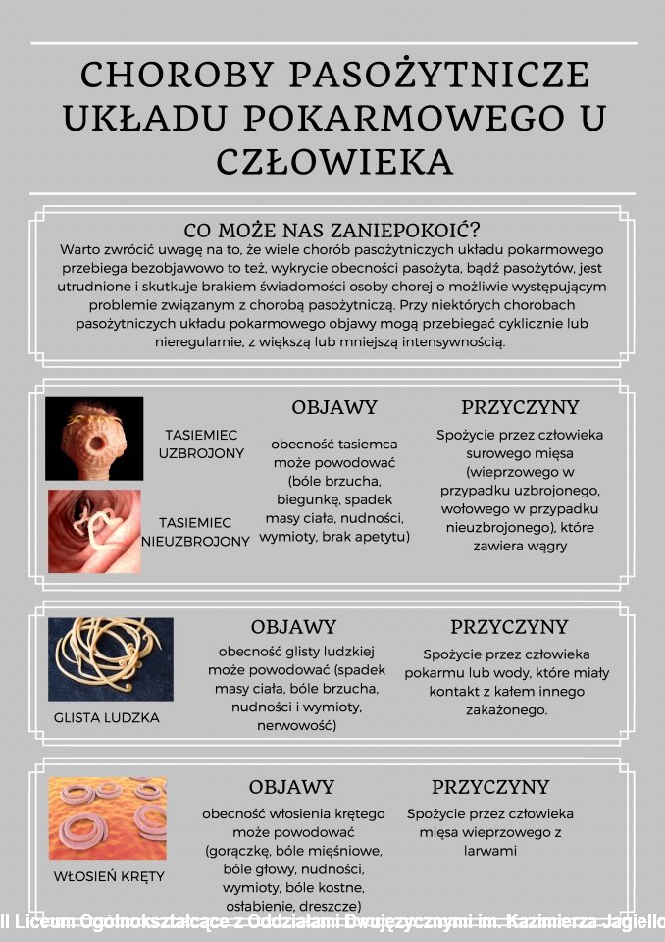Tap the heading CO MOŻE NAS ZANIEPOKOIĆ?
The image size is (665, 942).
tap(332, 231)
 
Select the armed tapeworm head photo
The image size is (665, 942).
tap(94, 439)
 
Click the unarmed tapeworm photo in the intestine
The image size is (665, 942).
tap(94, 531)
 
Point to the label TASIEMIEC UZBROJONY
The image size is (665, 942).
tap(201, 444)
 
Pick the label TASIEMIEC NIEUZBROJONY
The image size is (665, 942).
tap(195, 532)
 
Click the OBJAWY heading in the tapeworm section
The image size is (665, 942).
tap(334, 407)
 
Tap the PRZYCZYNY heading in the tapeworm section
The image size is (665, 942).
tap(520, 407)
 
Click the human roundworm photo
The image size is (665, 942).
tap(111, 659)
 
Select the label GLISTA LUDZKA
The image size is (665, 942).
tap(106, 717)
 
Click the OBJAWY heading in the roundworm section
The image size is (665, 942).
tap(293, 626)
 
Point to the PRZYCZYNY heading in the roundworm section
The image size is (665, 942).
tap(509, 626)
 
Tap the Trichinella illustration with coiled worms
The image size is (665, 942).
tap(108, 819)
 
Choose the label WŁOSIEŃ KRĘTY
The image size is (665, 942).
tap(108, 876)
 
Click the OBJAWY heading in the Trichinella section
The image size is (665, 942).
tap(291, 787)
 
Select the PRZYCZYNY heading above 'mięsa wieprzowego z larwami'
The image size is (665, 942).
tap(490, 787)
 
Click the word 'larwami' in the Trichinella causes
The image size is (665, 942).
tap(490, 851)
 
